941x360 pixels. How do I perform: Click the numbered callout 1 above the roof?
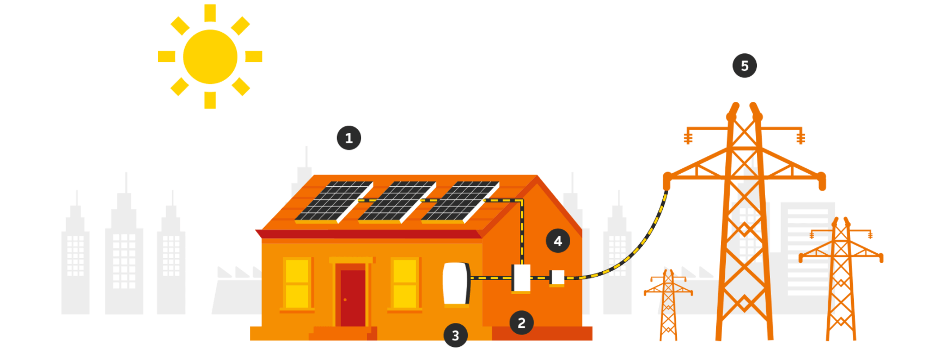[349, 138]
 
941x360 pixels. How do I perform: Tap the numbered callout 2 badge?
[522, 323]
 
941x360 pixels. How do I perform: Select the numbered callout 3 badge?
[456, 335]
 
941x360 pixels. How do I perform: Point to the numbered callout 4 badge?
[558, 241]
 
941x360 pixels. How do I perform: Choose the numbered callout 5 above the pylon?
[744, 66]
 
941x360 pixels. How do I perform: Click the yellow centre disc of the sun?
[210, 57]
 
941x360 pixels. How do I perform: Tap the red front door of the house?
[353, 298]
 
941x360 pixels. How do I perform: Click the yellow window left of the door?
[297, 284]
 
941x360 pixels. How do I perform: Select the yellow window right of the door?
[405, 284]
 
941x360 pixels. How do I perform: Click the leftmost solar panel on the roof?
[334, 202]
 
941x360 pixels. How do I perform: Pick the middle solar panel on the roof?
[398, 202]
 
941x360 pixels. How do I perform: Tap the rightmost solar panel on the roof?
[461, 202]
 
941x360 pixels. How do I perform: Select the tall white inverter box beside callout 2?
[521, 278]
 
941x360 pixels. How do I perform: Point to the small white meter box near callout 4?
[557, 278]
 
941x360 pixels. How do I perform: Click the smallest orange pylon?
[668, 305]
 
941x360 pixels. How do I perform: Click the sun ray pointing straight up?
[210, 13]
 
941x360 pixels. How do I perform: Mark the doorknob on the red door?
[345, 300]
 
